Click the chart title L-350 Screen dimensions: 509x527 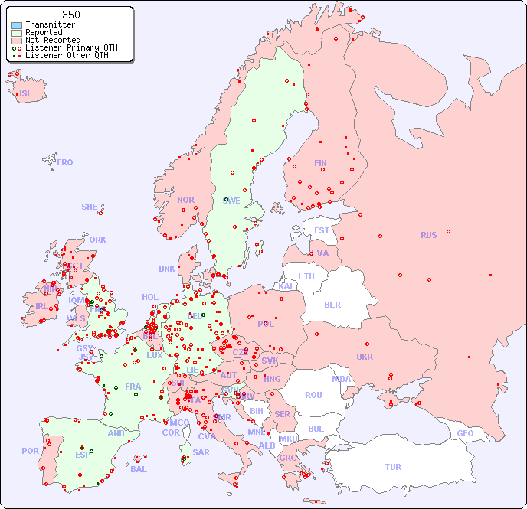click(64, 15)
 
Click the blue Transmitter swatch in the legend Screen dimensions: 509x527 click(17, 24)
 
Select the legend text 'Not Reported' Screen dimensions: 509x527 click(52, 40)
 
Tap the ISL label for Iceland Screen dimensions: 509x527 click(26, 94)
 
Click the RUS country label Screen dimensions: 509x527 click(428, 235)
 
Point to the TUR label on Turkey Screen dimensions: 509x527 click(393, 467)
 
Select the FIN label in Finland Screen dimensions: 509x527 click(320, 163)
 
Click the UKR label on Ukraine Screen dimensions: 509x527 click(365, 357)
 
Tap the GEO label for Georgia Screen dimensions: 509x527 click(465, 433)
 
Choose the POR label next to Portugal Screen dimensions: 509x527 click(30, 451)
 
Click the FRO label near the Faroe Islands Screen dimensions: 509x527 click(65, 162)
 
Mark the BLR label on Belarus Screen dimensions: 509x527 click(332, 304)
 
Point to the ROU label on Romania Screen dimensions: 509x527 click(313, 395)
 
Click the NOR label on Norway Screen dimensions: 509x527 click(185, 200)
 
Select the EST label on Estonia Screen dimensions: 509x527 click(322, 230)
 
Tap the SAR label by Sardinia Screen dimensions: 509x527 click(201, 452)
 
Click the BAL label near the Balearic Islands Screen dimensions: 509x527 click(139, 469)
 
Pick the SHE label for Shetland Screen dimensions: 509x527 click(90, 207)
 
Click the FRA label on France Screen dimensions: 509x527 click(133, 387)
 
